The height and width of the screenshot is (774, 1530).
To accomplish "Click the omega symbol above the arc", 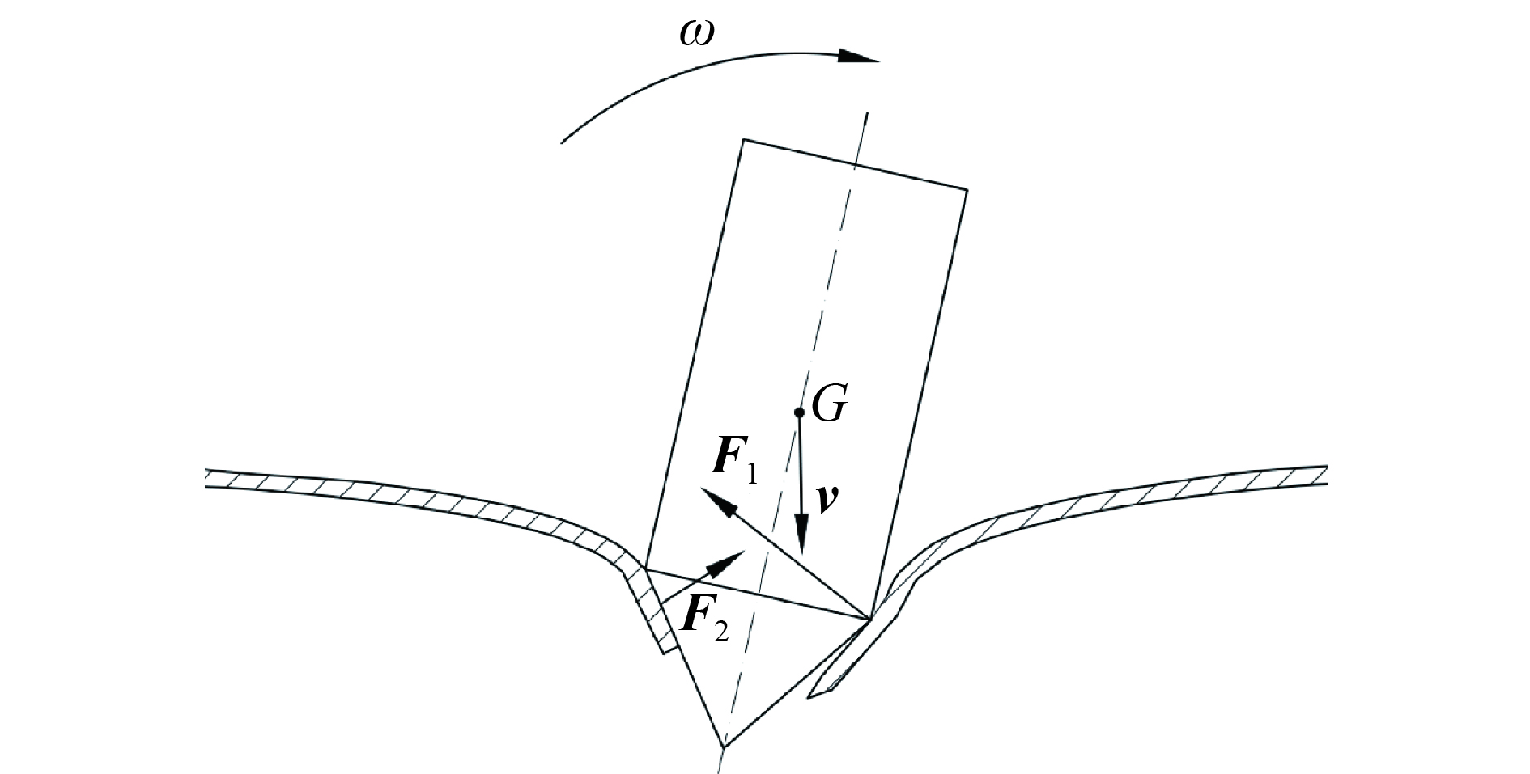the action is point(696,35).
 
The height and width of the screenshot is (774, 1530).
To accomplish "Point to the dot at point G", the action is point(799,412).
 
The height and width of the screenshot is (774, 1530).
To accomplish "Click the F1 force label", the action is point(735,462).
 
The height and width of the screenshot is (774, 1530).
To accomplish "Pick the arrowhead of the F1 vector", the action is point(719,501).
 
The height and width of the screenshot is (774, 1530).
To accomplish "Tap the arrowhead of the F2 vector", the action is point(728,560).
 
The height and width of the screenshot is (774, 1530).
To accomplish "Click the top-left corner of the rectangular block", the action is point(743,140).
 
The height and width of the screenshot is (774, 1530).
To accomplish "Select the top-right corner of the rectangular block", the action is point(967,189).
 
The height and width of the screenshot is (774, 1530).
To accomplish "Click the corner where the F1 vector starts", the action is point(869,620).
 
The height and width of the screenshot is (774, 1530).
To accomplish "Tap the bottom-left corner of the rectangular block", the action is point(645,569).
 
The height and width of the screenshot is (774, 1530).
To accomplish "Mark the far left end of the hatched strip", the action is point(207,478).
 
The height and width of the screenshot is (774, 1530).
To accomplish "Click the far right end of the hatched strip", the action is point(1326,476).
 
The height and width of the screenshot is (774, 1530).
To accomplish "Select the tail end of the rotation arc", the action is point(562,143).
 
